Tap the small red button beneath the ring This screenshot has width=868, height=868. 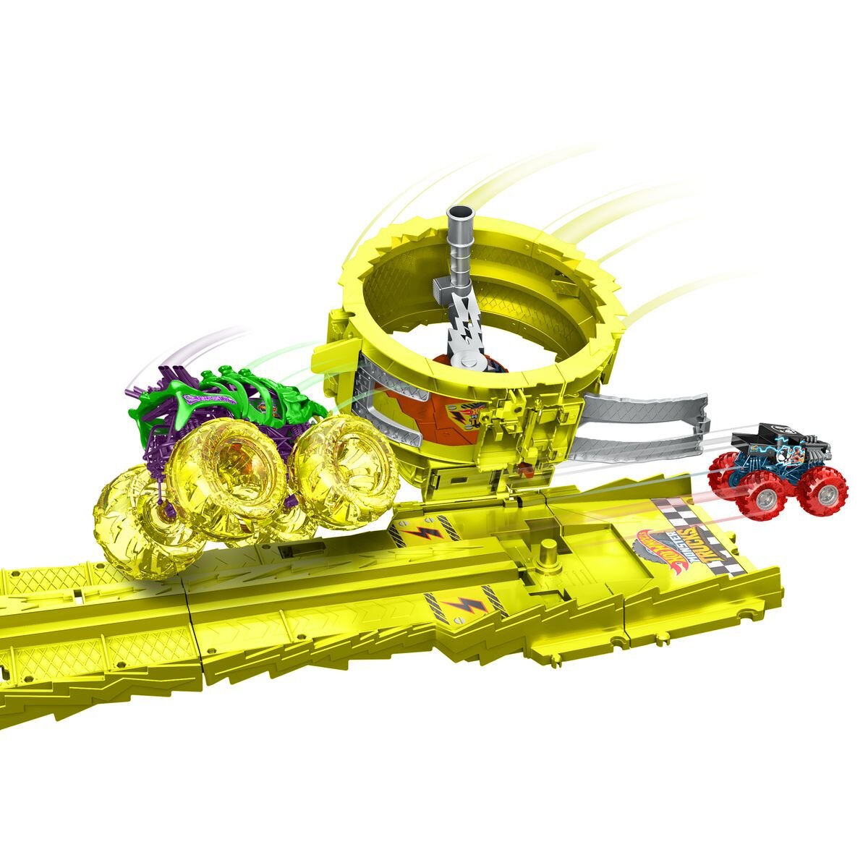click(526, 473)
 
